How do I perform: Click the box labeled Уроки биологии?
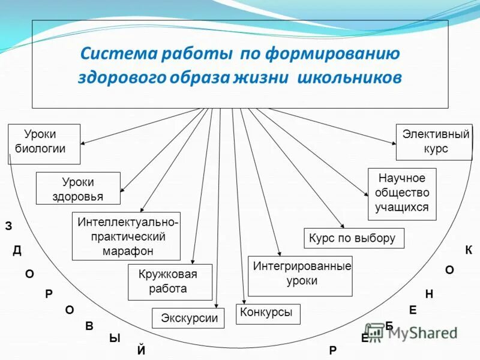pos(44,143)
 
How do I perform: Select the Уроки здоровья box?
pos(78,188)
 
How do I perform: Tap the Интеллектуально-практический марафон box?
pos(126,236)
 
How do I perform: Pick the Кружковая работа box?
pos(170,281)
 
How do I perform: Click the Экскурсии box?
pos(188,318)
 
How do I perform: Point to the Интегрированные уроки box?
pos(300,275)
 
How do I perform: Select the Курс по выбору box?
pos(354,238)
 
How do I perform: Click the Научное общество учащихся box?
pos(401,193)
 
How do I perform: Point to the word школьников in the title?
pos(349,79)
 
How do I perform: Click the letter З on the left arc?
pos(8,226)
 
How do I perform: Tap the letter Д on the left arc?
pos(17,250)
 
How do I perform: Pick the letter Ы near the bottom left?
pos(114,338)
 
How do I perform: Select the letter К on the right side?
pos(469,250)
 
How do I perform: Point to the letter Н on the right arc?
pos(429,294)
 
